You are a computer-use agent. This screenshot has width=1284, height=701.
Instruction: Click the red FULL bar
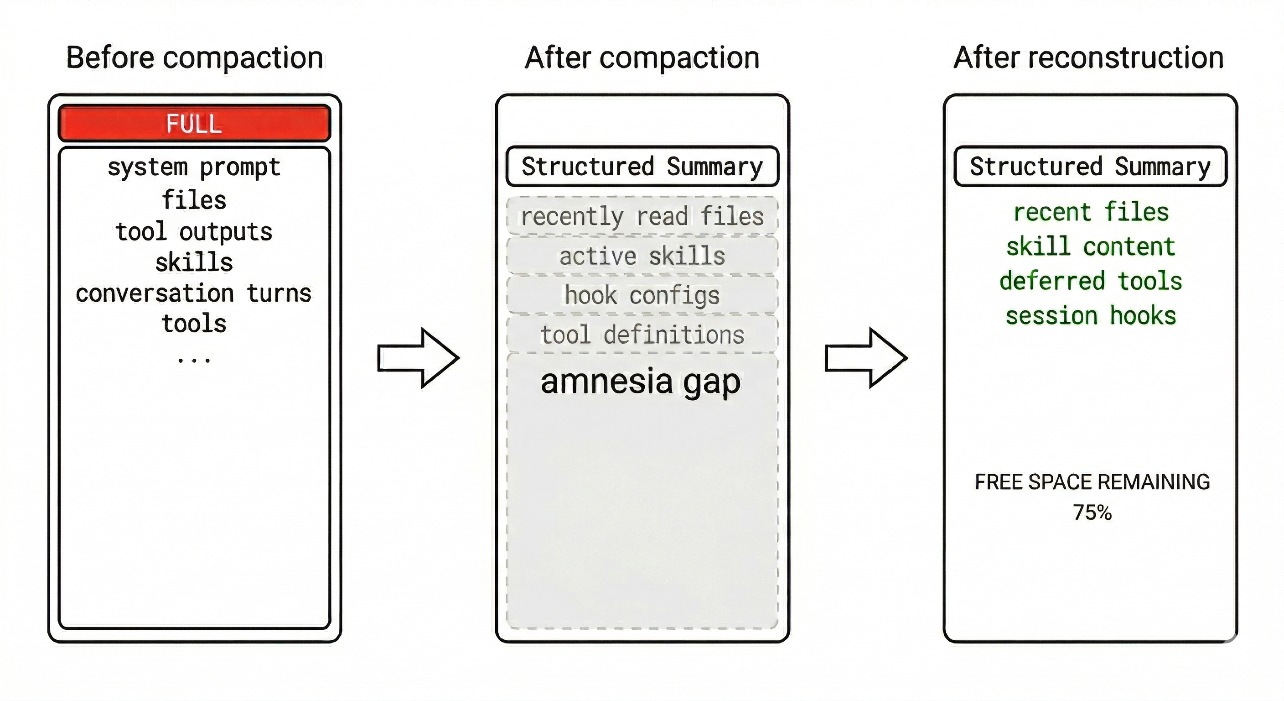point(194,123)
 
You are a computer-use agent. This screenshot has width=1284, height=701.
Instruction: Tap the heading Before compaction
point(194,58)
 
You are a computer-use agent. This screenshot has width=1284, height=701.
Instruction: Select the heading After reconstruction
point(1088,58)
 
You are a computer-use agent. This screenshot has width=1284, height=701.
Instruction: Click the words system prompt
point(194,167)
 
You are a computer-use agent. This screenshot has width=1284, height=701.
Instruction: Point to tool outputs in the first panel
point(194,231)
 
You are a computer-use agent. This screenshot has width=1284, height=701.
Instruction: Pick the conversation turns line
point(194,293)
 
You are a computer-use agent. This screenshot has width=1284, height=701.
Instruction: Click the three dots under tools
point(194,359)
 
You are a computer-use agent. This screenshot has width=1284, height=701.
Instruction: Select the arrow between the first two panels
point(418,357)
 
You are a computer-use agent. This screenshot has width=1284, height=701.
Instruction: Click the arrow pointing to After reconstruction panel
point(866,357)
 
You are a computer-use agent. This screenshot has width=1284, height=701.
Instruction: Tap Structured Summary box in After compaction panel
point(642,166)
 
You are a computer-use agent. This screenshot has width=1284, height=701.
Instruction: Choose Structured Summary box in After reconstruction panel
point(1090,166)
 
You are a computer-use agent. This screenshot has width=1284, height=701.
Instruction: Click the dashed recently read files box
point(642,216)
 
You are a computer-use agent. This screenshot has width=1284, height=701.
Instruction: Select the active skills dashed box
point(642,256)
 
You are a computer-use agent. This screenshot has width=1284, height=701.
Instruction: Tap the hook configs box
point(642,295)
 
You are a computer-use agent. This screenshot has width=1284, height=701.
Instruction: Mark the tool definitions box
point(642,334)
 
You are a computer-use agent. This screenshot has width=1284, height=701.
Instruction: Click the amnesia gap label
point(641,382)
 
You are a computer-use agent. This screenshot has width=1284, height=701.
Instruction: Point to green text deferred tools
point(1091,281)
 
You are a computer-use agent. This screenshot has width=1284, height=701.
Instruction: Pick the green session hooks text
point(1091,316)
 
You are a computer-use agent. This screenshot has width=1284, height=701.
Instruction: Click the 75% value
point(1092,513)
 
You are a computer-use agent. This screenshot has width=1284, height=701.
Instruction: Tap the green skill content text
point(1091,246)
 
